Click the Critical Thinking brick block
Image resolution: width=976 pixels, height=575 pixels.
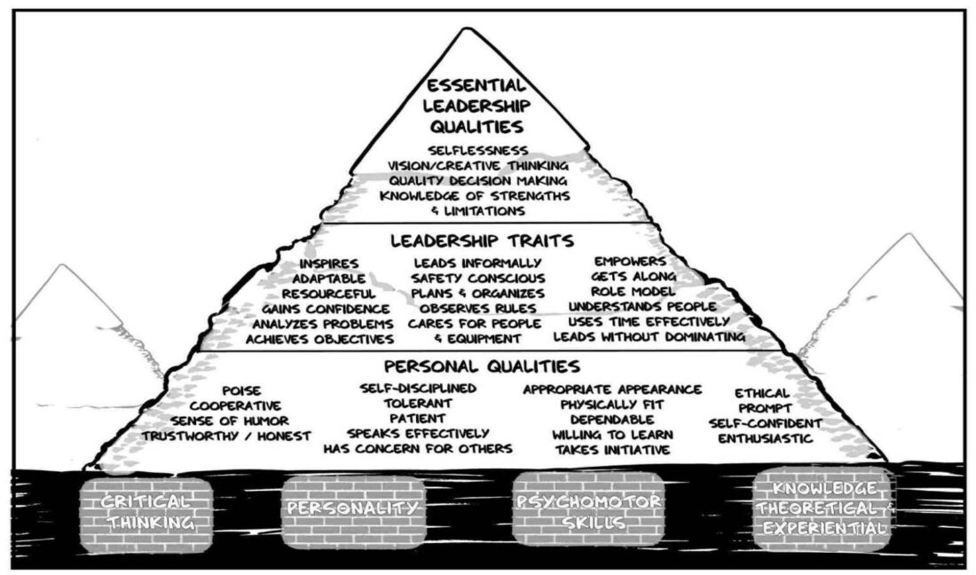click(x=146, y=511)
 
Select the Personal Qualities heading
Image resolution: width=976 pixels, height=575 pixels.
click(x=483, y=366)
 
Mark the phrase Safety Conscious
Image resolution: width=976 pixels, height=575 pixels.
click(x=476, y=279)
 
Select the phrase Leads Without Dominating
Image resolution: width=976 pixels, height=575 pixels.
click(x=649, y=338)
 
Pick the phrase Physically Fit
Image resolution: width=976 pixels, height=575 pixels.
click(x=612, y=405)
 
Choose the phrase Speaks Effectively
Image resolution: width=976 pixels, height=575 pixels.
click(x=417, y=434)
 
